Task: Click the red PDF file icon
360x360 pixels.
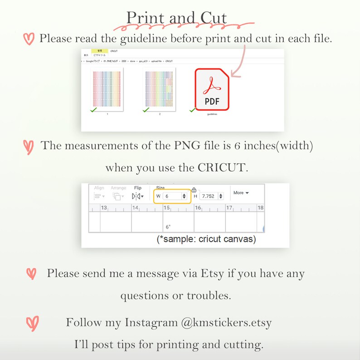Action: point(212,89)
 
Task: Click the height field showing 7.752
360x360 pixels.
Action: point(211,196)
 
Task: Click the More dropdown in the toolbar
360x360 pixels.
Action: point(241,193)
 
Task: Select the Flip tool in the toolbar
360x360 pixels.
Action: point(137,196)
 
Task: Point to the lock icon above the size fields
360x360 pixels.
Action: point(194,190)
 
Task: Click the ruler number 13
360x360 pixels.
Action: point(104,208)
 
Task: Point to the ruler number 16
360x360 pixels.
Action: point(198,208)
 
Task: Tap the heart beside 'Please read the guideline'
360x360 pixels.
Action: point(29,39)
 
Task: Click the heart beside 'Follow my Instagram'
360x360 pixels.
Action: point(32,323)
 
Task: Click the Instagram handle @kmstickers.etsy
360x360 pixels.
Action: point(226,323)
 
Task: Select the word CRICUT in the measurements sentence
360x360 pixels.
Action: point(222,167)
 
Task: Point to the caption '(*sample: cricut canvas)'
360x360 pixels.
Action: point(206,239)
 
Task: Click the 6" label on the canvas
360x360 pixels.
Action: point(168,227)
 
